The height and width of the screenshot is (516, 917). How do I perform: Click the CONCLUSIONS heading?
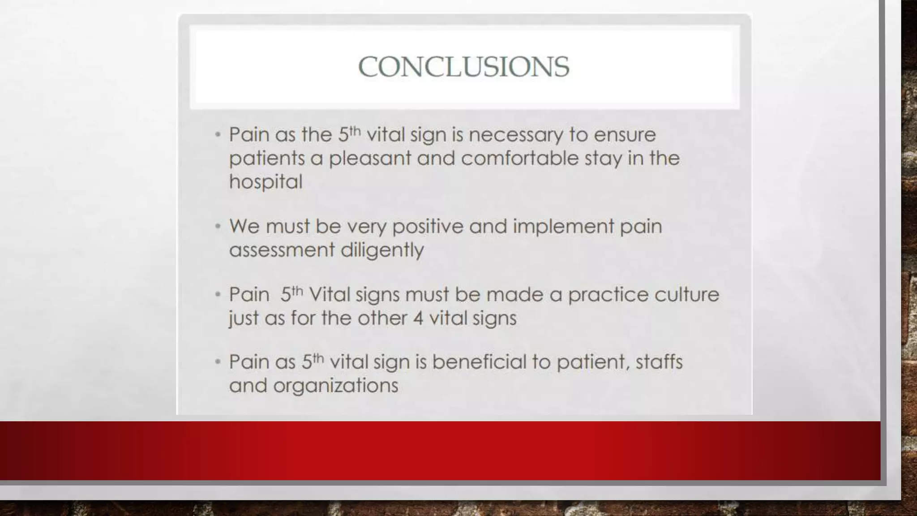463,67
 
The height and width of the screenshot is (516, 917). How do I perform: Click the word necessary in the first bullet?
516,135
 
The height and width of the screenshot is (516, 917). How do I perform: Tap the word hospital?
266,182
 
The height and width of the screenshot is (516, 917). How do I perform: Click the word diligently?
382,250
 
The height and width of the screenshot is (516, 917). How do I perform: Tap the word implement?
563,227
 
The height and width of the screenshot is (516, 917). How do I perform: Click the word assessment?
282,250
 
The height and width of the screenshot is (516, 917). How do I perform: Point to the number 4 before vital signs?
418,318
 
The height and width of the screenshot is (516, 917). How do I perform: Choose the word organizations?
335,386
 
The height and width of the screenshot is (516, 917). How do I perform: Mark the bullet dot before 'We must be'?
218,227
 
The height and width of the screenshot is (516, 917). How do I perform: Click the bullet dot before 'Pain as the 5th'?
218,135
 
